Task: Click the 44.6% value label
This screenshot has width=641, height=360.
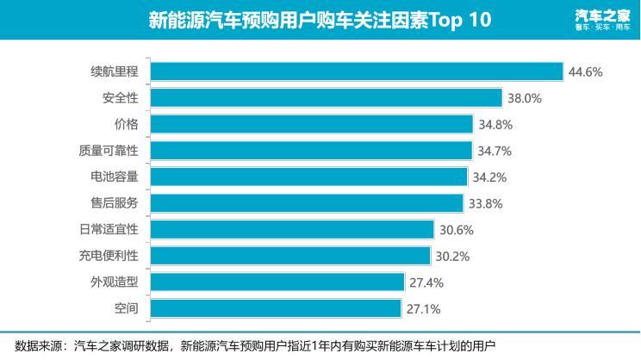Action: point(584,71)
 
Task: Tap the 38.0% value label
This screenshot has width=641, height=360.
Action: point(524,98)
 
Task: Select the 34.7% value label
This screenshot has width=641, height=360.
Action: point(495,151)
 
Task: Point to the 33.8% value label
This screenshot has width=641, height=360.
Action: point(485,203)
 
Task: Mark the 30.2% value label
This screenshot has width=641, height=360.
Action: point(452,256)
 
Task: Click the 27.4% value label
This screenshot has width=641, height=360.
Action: point(426,282)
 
